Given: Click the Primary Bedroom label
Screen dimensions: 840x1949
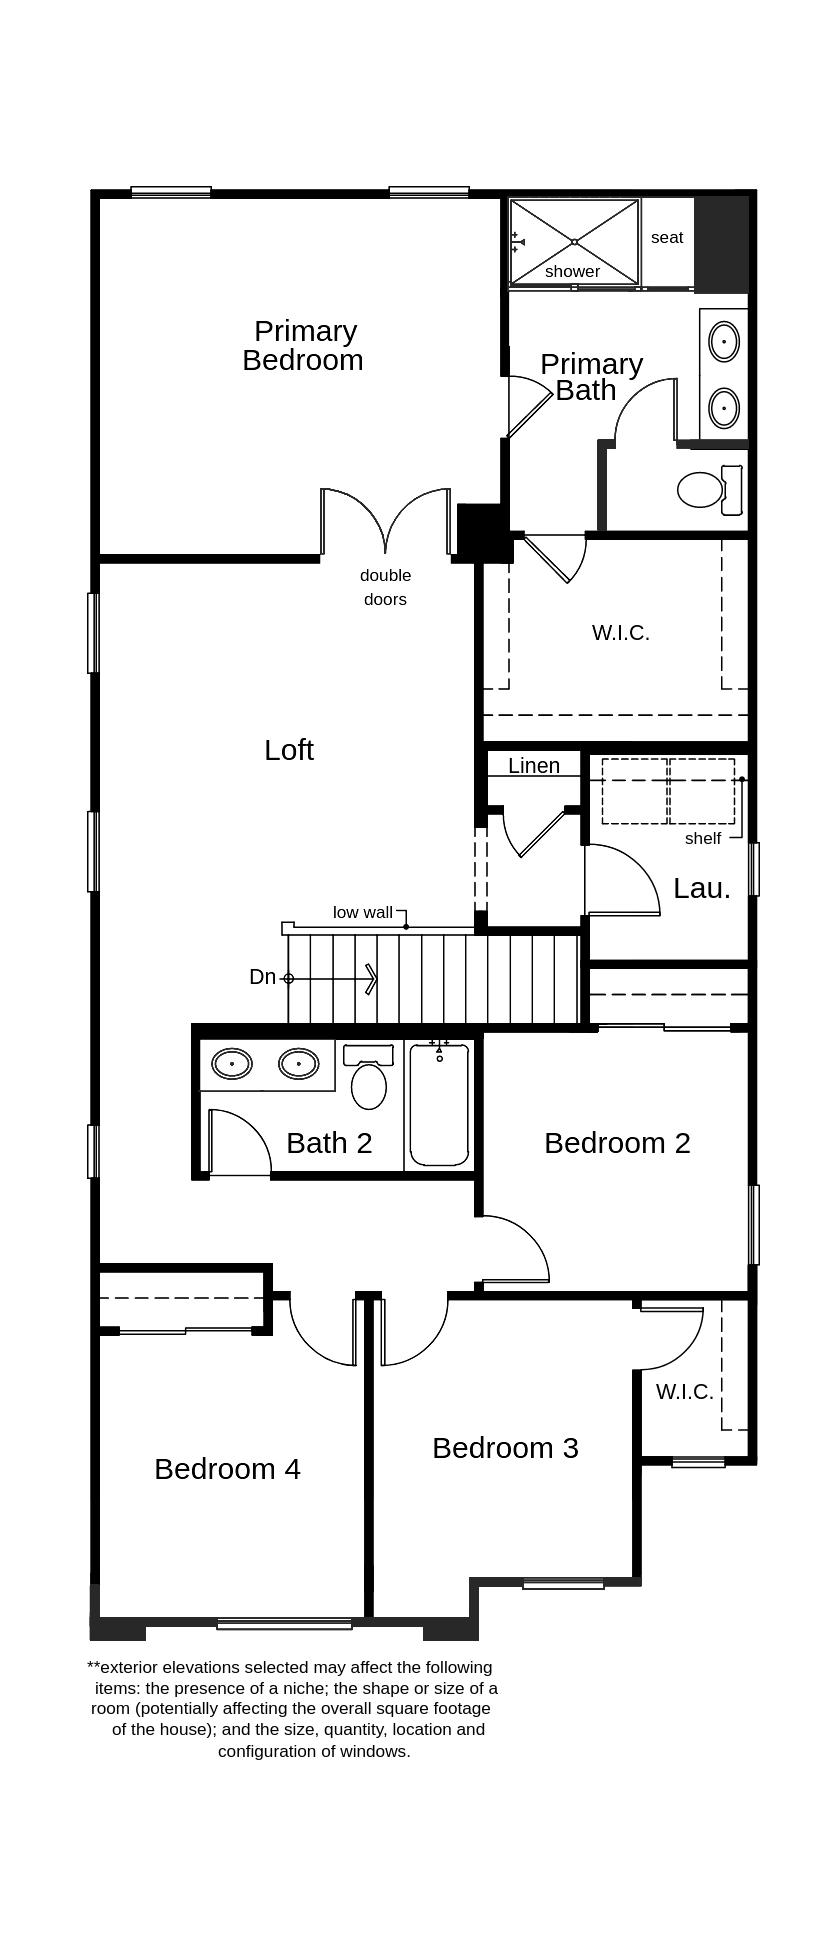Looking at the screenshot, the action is click(x=302, y=345).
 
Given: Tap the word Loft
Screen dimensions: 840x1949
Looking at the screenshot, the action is click(x=289, y=750).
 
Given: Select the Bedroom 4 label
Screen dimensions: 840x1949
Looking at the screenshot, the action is click(x=227, y=1468).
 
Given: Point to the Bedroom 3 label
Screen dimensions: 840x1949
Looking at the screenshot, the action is click(x=505, y=1447).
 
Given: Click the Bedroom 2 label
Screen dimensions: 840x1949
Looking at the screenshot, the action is click(x=617, y=1142).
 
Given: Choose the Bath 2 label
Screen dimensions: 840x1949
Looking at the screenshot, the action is click(x=329, y=1142).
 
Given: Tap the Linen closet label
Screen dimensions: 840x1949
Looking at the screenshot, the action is click(x=534, y=765).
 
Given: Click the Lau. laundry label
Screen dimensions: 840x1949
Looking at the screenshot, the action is click(x=702, y=888).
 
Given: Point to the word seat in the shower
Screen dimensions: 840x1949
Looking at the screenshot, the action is click(x=667, y=237).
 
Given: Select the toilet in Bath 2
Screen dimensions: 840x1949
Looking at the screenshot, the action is click(x=369, y=1077).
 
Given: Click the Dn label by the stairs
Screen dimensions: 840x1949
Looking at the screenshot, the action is click(x=262, y=977).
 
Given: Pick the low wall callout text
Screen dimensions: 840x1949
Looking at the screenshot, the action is click(x=363, y=912).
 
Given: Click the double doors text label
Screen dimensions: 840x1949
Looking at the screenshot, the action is click(x=385, y=587).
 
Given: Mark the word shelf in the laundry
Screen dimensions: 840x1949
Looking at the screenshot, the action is click(x=703, y=838).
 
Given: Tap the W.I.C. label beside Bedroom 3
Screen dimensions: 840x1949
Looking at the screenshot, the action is click(x=685, y=1391).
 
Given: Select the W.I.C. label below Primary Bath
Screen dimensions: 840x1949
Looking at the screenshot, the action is click(x=621, y=632).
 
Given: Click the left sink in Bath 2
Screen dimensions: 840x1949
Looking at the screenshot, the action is click(x=232, y=1063).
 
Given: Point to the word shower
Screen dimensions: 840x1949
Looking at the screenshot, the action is click(x=573, y=271).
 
